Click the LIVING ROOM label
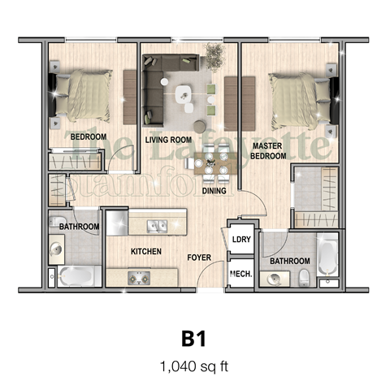(x=167, y=140)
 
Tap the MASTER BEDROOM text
(x=269, y=150)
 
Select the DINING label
(x=214, y=191)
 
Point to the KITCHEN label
(x=145, y=251)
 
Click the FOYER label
(x=199, y=258)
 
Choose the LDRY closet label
(x=241, y=239)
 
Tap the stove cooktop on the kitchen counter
(x=136, y=279)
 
